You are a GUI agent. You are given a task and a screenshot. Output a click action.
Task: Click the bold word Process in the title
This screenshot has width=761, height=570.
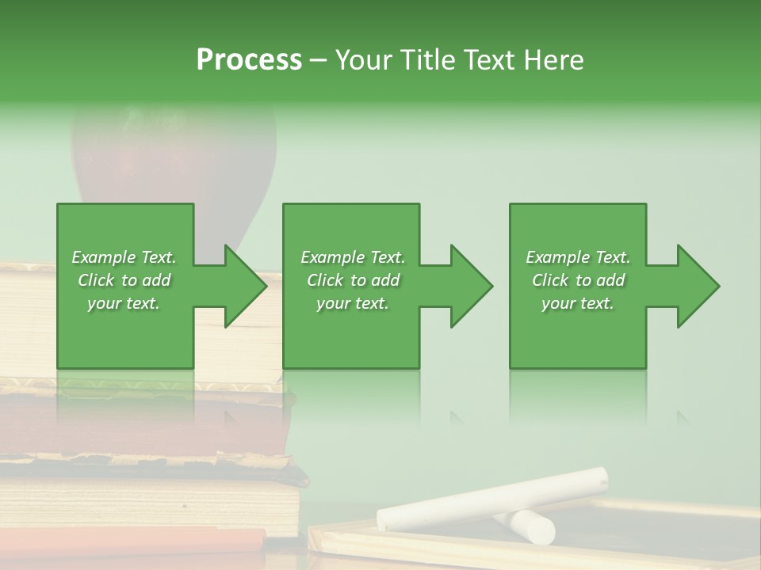249,59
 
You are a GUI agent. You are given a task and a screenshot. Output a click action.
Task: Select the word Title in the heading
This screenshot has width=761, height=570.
426,59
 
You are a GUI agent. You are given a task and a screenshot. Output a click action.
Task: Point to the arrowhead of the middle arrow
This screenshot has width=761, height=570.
471,286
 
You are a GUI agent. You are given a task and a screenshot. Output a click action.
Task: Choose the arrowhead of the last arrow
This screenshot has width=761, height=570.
698,286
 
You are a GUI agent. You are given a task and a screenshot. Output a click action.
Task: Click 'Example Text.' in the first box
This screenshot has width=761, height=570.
124,257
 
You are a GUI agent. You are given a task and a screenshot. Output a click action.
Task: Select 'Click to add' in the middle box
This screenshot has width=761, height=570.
353,280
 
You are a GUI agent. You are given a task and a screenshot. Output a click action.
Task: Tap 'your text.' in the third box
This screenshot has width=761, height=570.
577,303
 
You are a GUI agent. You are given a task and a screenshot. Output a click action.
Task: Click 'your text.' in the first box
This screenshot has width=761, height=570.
124,303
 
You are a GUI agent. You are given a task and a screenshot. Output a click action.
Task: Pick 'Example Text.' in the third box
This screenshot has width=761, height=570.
578,257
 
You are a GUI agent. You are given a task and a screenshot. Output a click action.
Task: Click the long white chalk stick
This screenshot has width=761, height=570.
491,499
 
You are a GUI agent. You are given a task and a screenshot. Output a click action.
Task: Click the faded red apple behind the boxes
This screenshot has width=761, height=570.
174,158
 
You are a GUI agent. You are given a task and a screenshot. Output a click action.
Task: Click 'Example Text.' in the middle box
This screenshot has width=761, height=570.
353,257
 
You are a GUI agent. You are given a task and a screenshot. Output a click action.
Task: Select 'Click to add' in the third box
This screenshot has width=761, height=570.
578,280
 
